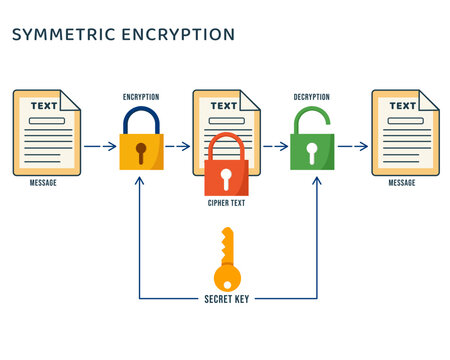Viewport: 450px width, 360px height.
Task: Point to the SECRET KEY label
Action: coord(227,298)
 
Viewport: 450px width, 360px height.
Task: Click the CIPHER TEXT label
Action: coord(226,203)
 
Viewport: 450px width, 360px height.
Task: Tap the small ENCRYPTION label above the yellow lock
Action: coord(141,97)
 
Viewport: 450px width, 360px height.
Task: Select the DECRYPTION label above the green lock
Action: coord(312,97)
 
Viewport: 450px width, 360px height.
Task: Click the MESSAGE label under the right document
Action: coord(402,183)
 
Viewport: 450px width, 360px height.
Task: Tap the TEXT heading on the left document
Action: coord(44,105)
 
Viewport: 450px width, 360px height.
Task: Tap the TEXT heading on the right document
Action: coord(402,105)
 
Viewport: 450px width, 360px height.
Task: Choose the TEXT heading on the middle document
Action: coord(224,105)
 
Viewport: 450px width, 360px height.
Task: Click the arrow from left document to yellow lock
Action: coord(99,146)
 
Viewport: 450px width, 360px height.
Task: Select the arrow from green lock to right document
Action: coord(353,146)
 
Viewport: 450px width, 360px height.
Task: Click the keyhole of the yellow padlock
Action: coord(141,152)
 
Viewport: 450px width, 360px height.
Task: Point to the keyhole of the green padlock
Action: coord(311,152)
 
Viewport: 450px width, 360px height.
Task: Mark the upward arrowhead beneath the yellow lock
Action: coord(140,181)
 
